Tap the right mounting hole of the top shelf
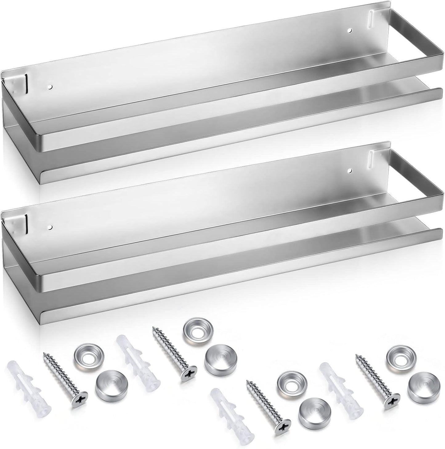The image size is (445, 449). point(349,30)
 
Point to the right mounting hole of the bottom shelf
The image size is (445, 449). point(349,170)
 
